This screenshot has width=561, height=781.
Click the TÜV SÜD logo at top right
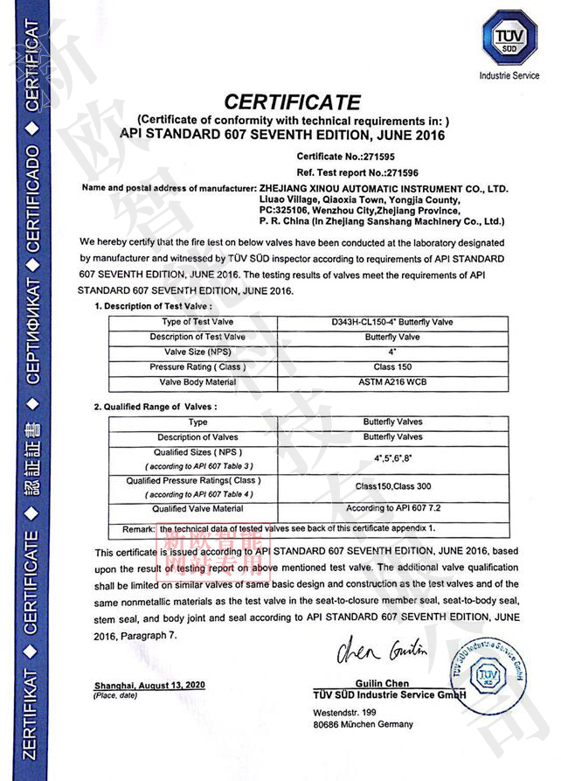tap(509, 36)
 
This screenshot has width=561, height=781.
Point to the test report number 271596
tap(351, 172)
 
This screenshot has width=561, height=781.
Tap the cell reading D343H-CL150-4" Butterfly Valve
tap(392, 322)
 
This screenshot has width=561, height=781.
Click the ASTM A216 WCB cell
tap(392, 382)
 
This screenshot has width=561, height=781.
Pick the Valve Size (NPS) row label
tap(197, 352)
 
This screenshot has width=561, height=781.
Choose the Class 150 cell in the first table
tap(392, 367)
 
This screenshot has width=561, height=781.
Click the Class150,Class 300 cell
tap(392, 486)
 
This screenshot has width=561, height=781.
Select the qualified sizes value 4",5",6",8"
tap(392, 457)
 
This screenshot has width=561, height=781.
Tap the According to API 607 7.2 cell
tap(392, 508)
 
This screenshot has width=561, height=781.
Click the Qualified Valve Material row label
tap(197, 508)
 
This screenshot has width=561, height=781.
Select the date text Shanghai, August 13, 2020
tap(149, 685)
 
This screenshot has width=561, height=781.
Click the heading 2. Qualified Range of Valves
tap(155, 407)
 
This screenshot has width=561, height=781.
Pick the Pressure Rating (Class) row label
tap(197, 367)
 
